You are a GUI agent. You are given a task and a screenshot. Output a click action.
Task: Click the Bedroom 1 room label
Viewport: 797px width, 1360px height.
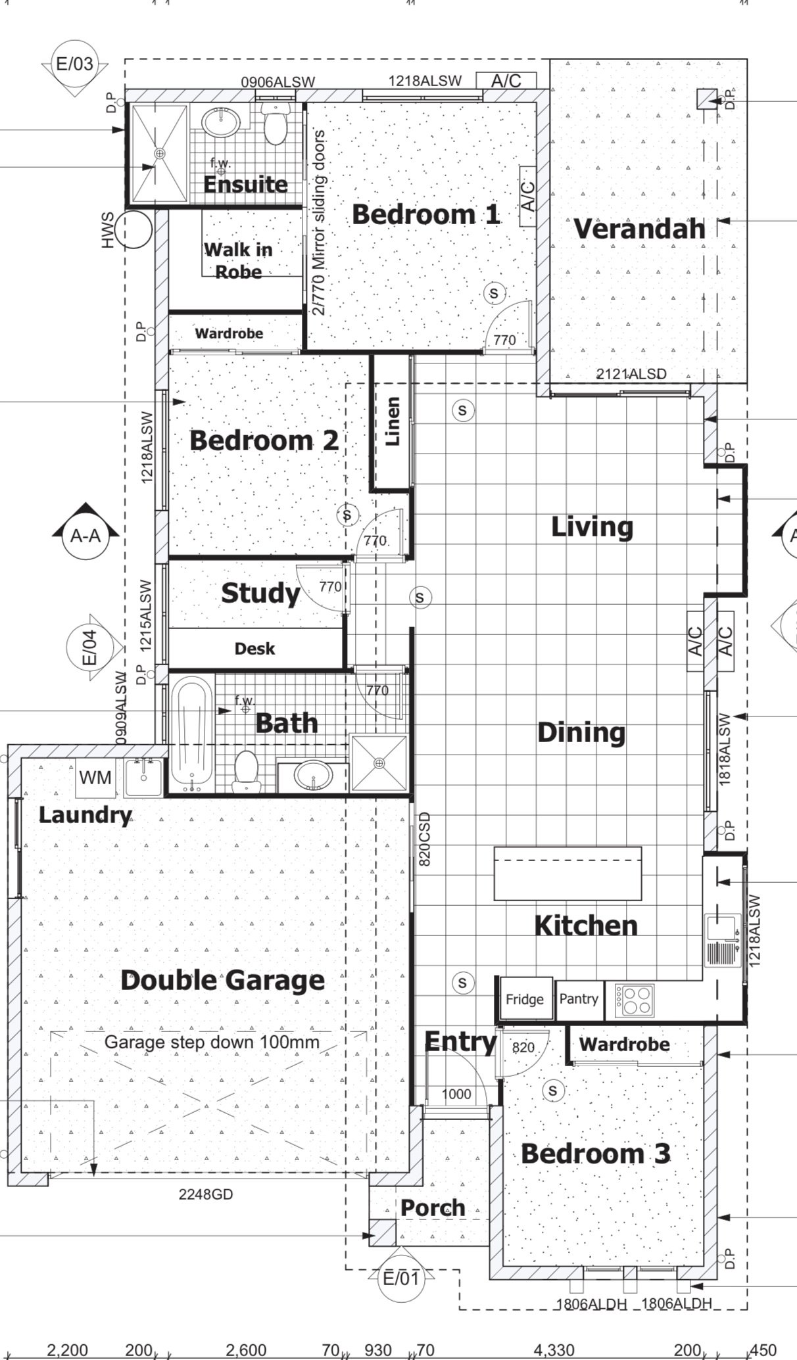[x=425, y=214]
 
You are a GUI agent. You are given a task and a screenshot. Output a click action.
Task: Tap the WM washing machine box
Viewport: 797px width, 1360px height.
[x=95, y=778]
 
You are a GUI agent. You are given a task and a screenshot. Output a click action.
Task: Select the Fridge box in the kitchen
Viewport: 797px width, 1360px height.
[x=524, y=999]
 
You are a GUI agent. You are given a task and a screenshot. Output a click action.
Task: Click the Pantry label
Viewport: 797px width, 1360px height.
[x=579, y=998]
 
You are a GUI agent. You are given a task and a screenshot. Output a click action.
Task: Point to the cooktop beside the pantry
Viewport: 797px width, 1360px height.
[x=635, y=1000]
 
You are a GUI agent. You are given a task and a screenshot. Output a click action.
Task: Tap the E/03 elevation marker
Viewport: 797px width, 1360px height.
[x=74, y=64]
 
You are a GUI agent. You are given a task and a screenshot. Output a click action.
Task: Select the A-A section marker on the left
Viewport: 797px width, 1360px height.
[x=85, y=535]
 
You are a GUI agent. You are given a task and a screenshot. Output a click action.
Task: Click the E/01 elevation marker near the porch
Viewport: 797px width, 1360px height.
[x=400, y=1278]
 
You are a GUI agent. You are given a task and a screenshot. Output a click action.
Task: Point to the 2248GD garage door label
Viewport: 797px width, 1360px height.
[x=206, y=1194]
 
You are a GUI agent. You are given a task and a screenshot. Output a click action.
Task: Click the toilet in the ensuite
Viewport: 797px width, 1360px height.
[x=274, y=125]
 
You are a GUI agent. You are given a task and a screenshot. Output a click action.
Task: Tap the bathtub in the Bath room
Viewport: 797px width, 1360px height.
[x=191, y=735]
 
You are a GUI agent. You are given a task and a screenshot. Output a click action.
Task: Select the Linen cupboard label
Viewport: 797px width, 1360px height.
[x=392, y=421]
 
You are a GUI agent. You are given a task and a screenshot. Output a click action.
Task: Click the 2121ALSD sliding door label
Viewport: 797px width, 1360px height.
[x=631, y=374]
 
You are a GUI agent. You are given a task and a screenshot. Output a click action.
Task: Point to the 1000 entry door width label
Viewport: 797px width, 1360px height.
[x=456, y=1094]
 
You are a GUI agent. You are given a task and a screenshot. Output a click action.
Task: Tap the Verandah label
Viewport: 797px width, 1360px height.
[x=639, y=229]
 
